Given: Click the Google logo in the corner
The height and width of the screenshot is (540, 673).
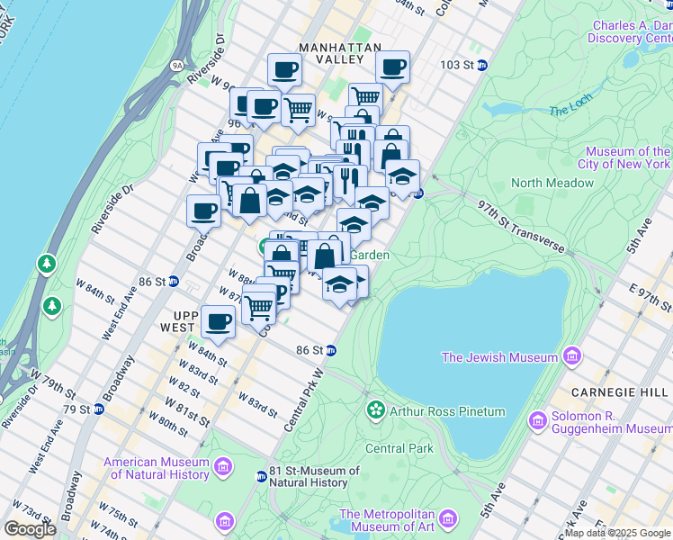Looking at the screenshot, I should click(x=30, y=529).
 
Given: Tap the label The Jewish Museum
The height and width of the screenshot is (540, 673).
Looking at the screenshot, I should click(x=499, y=357).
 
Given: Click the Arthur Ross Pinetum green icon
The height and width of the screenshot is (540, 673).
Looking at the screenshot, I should click(x=375, y=411).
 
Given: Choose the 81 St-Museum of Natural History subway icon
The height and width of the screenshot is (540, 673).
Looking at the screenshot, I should click(x=262, y=476).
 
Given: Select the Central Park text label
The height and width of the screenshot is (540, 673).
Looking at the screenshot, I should click(x=399, y=448).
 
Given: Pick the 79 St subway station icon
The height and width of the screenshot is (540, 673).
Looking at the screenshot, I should click(x=99, y=409).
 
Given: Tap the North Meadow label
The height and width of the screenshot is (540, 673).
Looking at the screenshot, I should click(x=552, y=183).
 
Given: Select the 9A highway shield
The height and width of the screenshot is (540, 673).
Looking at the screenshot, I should click(x=176, y=65).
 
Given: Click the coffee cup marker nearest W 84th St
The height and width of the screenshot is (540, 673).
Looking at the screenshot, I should click(x=218, y=321).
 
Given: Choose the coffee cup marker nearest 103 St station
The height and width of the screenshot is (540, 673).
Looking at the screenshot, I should click(x=392, y=66).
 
